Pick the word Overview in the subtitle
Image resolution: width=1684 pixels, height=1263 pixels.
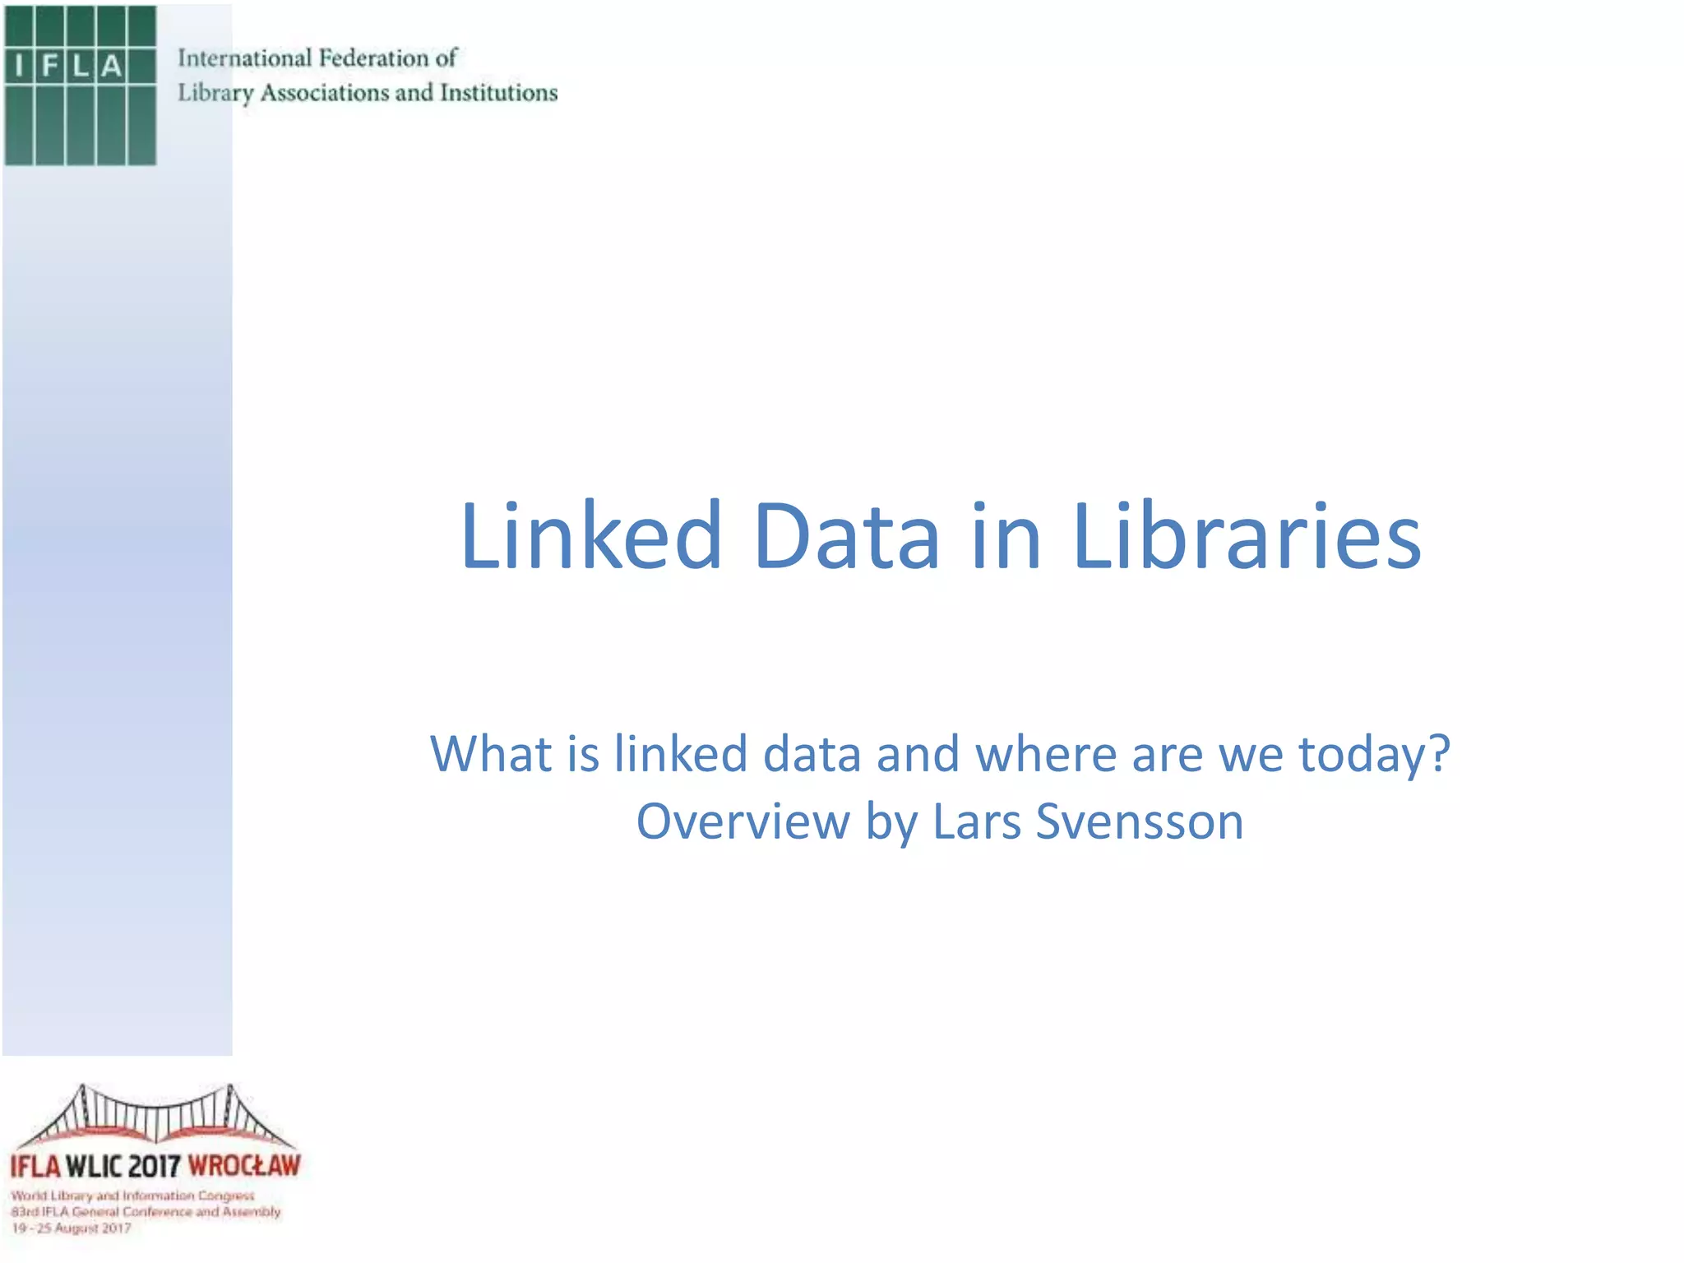point(743,821)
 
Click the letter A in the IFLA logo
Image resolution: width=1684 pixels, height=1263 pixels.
point(112,66)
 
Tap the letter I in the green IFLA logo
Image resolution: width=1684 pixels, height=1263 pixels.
point(19,66)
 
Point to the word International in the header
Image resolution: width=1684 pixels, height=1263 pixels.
point(244,58)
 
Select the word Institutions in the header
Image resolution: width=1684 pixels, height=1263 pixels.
point(498,93)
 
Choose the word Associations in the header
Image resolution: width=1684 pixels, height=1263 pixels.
point(326,93)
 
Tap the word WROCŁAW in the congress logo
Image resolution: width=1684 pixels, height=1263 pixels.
point(244,1165)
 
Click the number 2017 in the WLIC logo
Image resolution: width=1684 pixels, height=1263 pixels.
point(155,1165)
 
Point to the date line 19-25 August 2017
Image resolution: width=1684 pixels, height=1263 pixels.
point(72,1228)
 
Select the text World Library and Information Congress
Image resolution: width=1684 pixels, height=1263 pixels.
point(133,1196)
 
